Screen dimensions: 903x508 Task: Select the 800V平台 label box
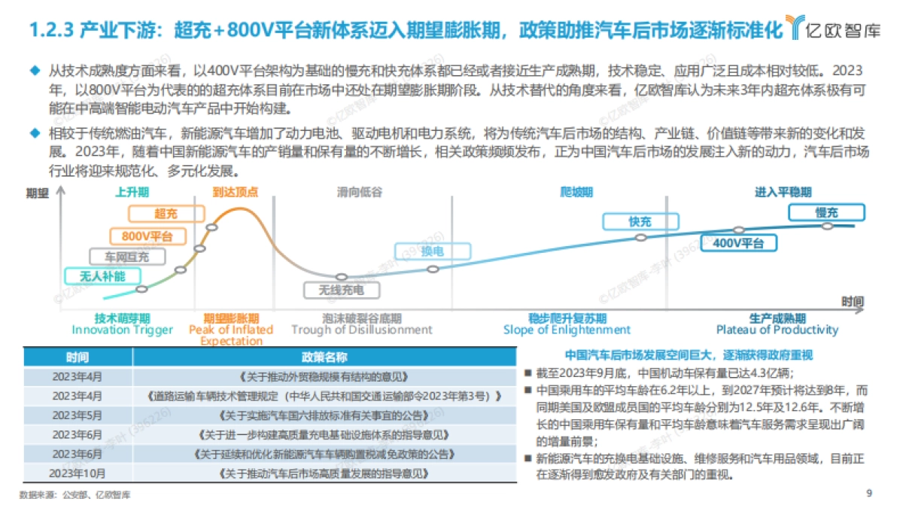tap(147, 236)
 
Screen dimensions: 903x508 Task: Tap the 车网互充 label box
tap(126, 257)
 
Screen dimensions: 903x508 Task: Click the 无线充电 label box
tap(341, 289)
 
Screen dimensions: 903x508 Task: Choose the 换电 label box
tap(432, 251)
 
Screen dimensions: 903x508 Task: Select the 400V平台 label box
tap(737, 242)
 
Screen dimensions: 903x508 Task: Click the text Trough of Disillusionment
tap(362, 330)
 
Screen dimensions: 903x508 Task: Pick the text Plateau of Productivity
tap(777, 330)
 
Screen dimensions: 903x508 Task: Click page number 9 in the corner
tap(869, 494)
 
